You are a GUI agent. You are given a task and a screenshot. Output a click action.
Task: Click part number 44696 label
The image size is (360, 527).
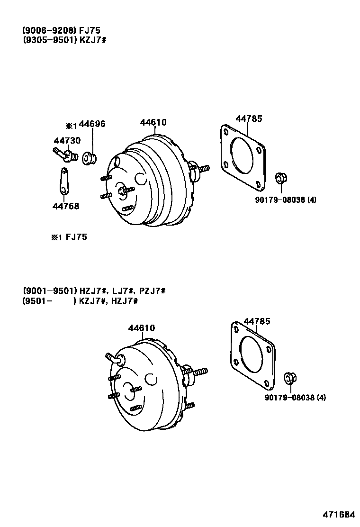click(92, 124)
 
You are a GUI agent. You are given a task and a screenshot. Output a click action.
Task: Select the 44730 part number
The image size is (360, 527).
click(67, 141)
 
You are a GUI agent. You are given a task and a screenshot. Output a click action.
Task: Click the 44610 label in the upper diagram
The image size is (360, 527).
click(153, 122)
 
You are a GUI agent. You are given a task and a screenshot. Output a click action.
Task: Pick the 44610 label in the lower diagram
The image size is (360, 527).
click(141, 328)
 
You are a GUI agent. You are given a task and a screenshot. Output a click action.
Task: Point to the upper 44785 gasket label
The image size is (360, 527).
click(249, 118)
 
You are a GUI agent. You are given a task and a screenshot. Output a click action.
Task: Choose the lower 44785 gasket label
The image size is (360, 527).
click(257, 322)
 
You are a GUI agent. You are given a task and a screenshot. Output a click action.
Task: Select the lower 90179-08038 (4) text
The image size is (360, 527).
click(295, 397)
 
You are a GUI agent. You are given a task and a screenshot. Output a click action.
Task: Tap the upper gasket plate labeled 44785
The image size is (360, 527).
click(243, 155)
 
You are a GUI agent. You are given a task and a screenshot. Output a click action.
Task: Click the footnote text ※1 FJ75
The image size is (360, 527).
click(69, 237)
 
